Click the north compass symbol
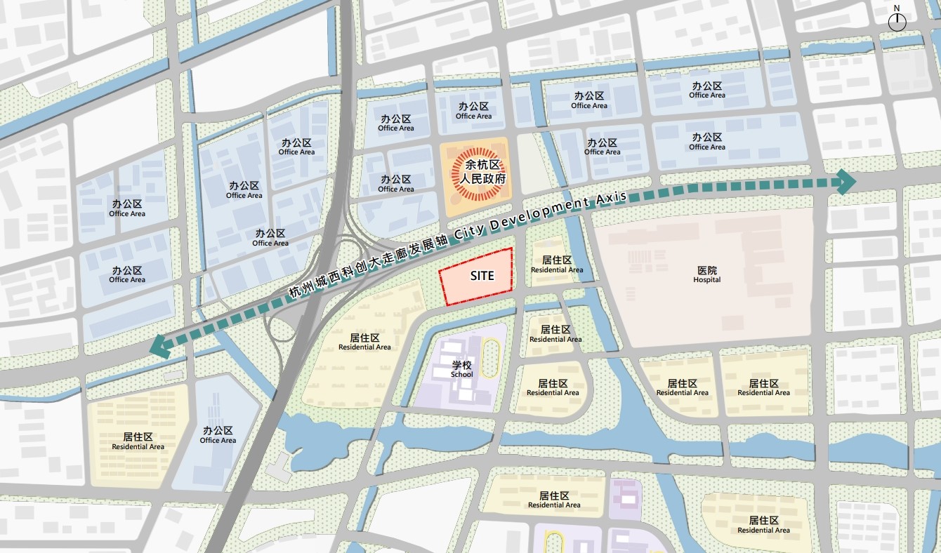[897, 22]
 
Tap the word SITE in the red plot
[482, 276]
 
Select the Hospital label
[707, 274]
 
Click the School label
[462, 369]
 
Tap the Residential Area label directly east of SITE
[557, 265]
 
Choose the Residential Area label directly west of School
[364, 342]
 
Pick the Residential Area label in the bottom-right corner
[763, 525]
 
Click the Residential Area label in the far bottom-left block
[138, 441]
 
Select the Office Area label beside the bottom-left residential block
[218, 435]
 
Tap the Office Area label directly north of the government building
[473, 111]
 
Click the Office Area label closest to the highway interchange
[270, 238]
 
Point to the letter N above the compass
[897, 8]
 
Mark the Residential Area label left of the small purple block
[554, 500]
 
